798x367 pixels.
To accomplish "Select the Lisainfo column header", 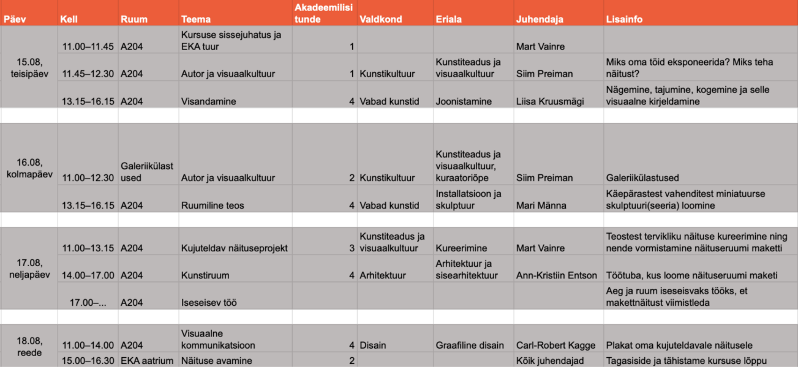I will click(x=624, y=19).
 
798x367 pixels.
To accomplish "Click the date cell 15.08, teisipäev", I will click(x=29, y=67).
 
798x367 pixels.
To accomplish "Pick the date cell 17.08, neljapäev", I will click(x=29, y=269).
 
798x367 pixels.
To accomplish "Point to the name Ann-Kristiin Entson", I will click(x=556, y=275).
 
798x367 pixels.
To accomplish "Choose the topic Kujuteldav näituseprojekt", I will click(x=235, y=248).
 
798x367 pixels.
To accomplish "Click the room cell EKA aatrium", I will click(x=147, y=361).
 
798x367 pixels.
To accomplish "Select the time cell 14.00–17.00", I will click(x=88, y=275).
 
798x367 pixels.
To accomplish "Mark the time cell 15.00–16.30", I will click(x=88, y=361).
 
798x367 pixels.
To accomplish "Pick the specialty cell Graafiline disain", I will click(x=470, y=345).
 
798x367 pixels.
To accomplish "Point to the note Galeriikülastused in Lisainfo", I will click(x=642, y=178).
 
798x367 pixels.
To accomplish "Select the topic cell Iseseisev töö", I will click(x=209, y=302).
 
